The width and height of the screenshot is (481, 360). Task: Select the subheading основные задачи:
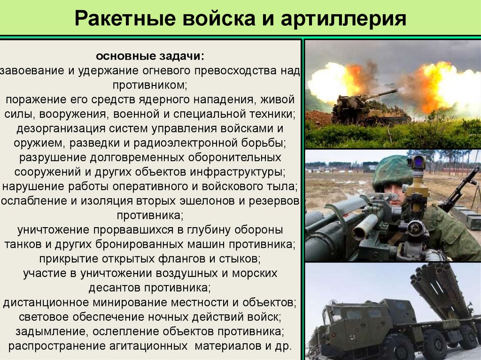coord(150,56)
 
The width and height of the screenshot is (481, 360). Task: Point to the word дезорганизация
coord(62,129)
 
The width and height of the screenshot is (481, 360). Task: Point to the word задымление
coord(51,331)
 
